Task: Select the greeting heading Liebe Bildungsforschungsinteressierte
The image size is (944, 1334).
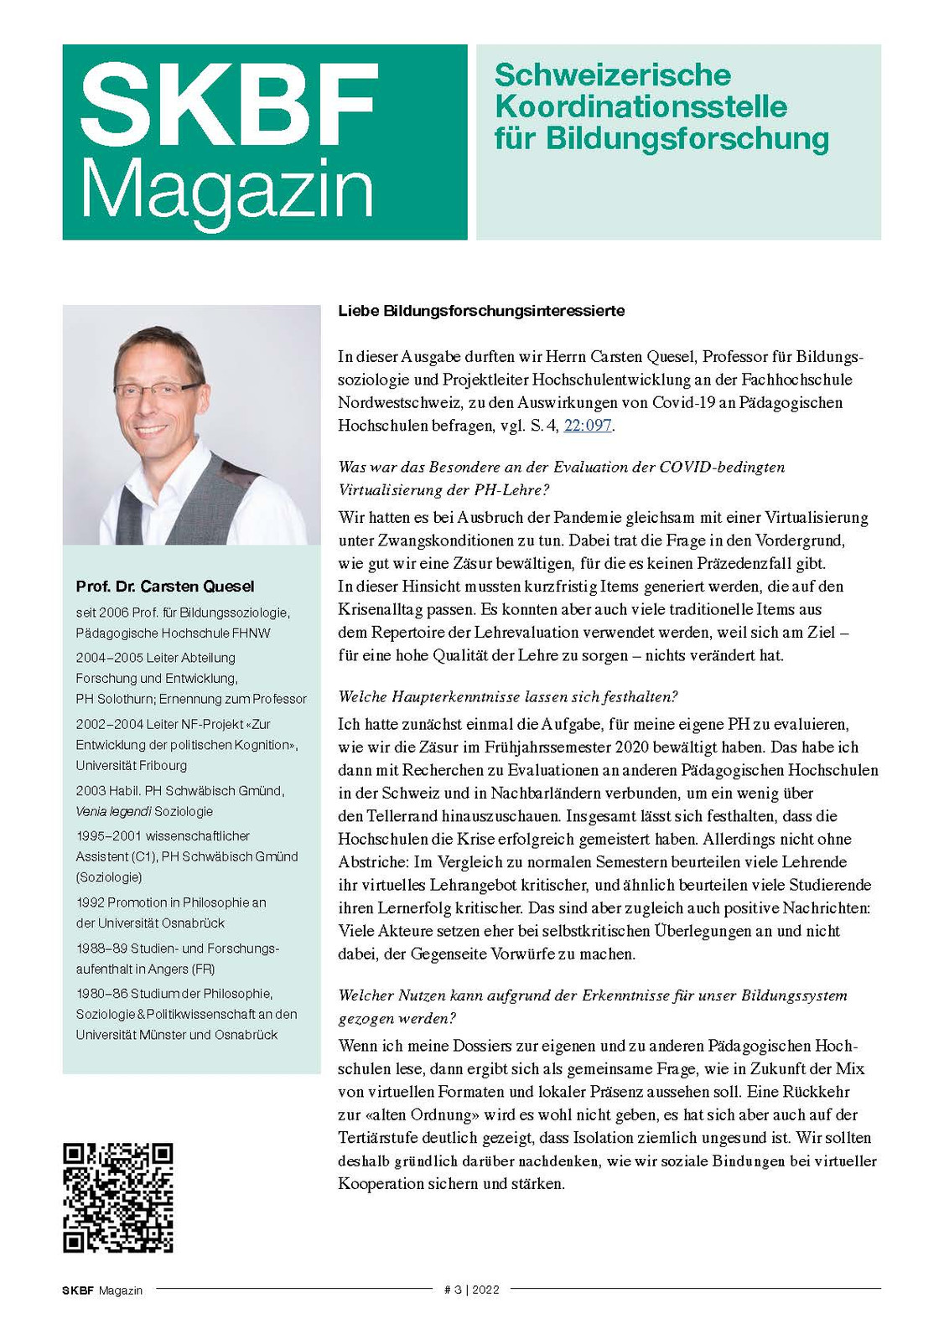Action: (x=481, y=311)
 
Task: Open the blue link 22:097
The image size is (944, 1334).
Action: (x=587, y=426)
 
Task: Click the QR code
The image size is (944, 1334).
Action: (x=118, y=1197)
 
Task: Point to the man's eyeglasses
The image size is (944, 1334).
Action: (x=159, y=390)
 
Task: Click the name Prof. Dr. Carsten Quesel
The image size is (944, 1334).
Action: (x=165, y=587)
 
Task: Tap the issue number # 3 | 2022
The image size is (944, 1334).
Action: (x=471, y=1290)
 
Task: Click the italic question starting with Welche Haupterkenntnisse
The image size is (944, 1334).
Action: (x=507, y=697)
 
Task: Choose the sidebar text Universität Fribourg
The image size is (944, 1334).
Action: (x=132, y=766)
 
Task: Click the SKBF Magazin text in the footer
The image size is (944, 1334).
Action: (x=102, y=1290)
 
